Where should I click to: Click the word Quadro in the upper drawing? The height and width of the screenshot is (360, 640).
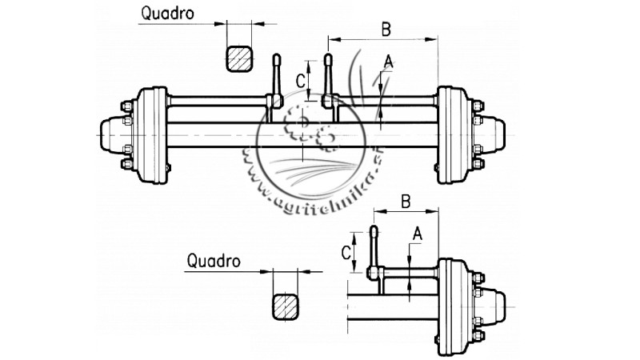pyautogui.click(x=168, y=14)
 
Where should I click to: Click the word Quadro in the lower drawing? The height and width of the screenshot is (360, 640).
pyautogui.click(x=213, y=261)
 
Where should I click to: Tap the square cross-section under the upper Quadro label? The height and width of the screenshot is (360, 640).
pyautogui.click(x=241, y=58)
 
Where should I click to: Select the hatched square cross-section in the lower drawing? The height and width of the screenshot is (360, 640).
pyautogui.click(x=286, y=306)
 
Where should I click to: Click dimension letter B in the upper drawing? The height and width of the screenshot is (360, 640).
pyautogui.click(x=386, y=29)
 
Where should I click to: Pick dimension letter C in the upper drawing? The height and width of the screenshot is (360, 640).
pyautogui.click(x=301, y=80)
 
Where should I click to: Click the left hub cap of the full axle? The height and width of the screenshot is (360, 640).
pyautogui.click(x=111, y=136)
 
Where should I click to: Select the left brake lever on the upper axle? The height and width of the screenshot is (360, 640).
pyautogui.click(x=275, y=80)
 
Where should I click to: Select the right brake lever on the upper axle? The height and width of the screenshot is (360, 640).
pyautogui.click(x=329, y=80)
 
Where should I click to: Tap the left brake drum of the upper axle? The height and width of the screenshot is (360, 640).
pyautogui.click(x=152, y=136)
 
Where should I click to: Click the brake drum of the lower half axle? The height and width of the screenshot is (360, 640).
pyautogui.click(x=453, y=305)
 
